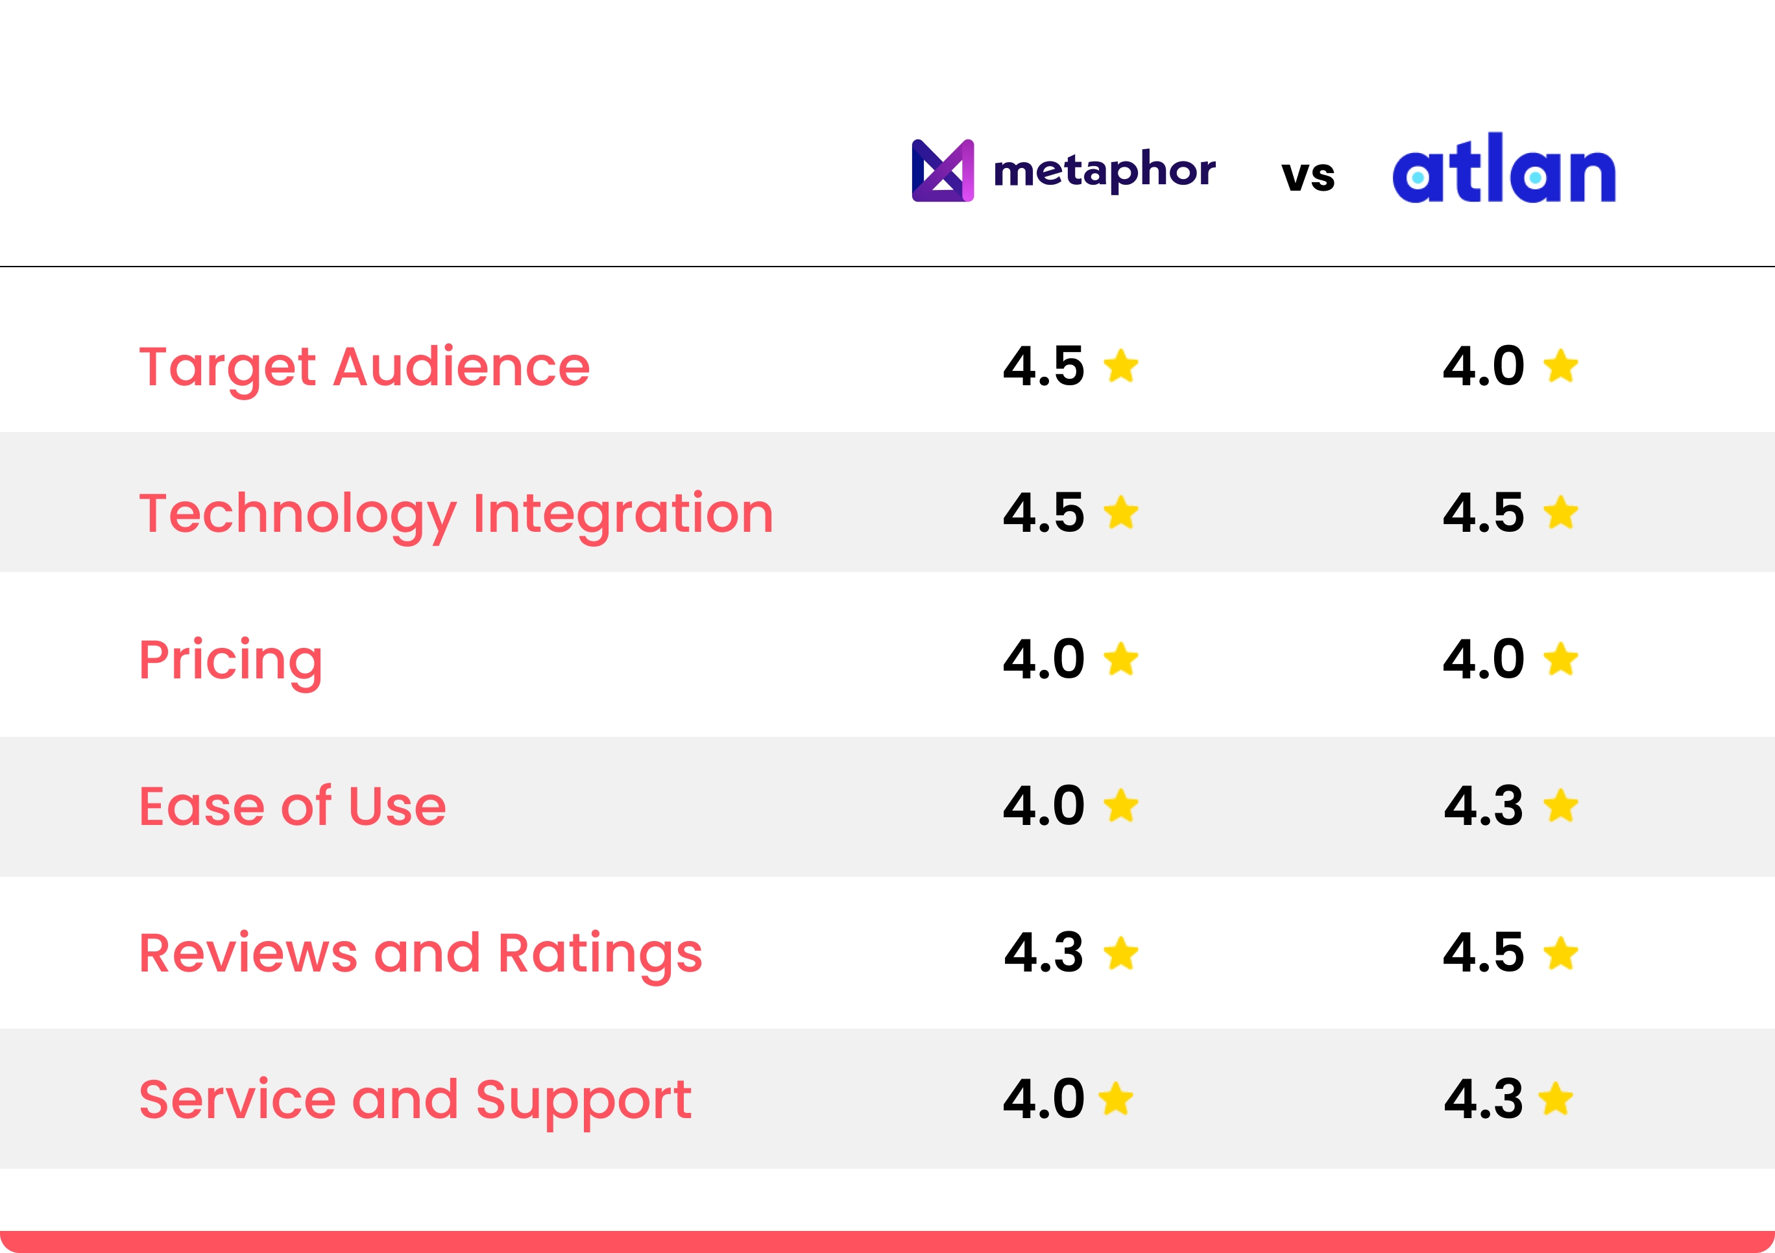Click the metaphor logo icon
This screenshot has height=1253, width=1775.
(x=943, y=170)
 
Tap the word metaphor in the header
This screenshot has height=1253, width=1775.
(x=1104, y=171)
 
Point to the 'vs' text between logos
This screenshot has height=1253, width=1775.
(x=1308, y=176)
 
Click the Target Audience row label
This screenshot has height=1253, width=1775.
(x=364, y=366)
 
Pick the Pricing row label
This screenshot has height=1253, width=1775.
(x=230, y=660)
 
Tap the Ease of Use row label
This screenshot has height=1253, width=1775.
(x=292, y=806)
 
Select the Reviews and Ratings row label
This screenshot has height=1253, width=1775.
(x=420, y=953)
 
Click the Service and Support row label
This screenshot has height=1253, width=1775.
(x=415, y=1099)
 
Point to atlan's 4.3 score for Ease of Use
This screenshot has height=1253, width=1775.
(x=1484, y=805)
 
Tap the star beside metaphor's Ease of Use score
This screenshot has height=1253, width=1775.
(x=1121, y=806)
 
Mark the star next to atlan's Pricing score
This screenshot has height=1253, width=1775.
(x=1561, y=660)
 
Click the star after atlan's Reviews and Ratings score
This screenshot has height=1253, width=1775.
(x=1561, y=953)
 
